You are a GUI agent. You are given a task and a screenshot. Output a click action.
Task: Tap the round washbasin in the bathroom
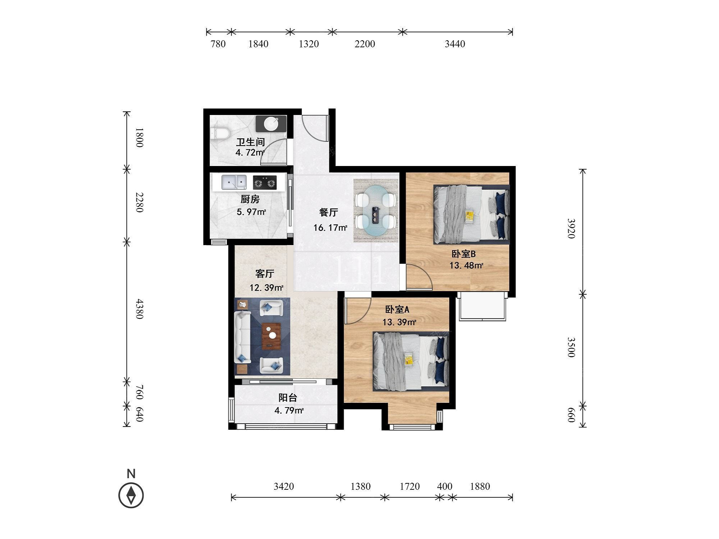click(271, 124)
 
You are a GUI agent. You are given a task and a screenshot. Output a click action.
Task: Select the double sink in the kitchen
click(234, 182)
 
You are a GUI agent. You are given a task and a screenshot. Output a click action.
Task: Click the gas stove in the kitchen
click(265, 182)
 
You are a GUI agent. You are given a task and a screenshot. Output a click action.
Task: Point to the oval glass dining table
click(376, 210)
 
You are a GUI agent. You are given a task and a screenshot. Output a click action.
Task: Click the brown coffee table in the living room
click(271, 336)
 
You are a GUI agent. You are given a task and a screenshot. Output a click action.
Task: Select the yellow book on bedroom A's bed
click(408, 359)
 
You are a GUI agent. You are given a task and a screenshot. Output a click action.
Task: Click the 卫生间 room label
click(250, 142)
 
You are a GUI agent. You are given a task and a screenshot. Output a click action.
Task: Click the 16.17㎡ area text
click(330, 227)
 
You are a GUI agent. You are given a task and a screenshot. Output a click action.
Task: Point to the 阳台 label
click(288, 398)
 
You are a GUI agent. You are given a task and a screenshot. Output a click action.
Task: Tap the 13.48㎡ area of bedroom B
click(466, 266)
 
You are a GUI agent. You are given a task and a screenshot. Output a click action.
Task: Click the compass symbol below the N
click(131, 495)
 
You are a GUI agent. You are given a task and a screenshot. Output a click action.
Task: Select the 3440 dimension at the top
click(455, 44)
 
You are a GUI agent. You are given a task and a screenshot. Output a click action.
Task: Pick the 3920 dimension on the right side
click(571, 228)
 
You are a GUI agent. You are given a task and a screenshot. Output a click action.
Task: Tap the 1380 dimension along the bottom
click(361, 486)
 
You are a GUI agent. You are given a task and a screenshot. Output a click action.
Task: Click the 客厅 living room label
click(265, 274)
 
